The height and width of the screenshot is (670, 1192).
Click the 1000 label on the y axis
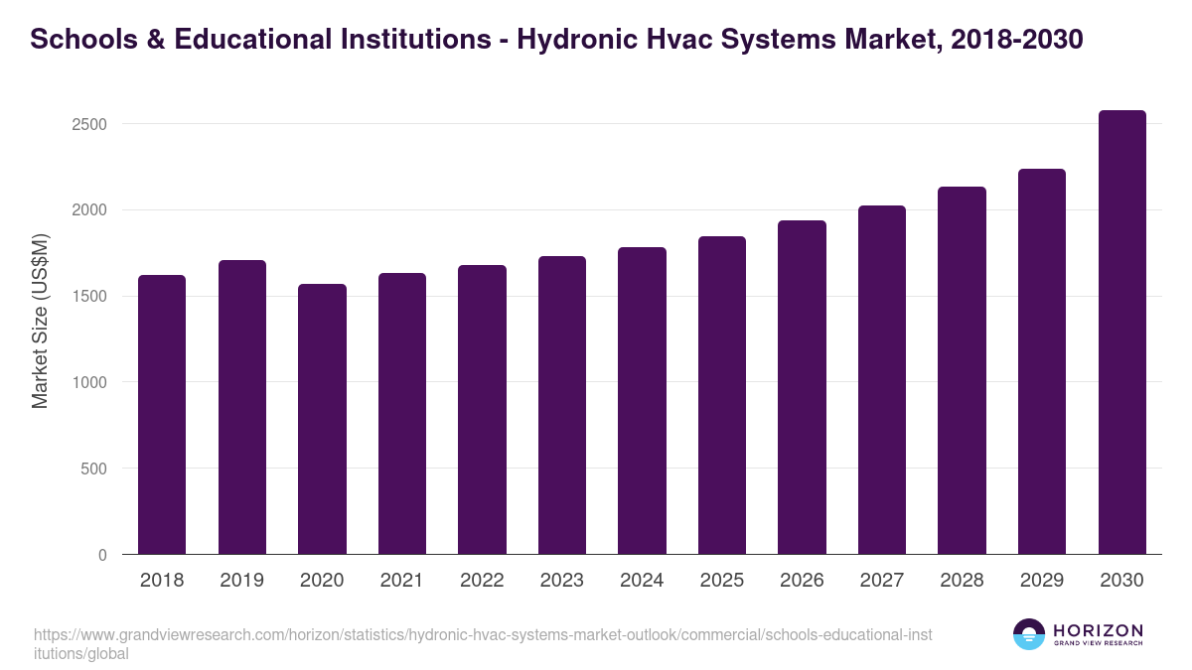[88, 382]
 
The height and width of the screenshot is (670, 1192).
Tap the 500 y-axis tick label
[93, 469]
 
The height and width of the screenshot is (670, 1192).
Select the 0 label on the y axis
[102, 555]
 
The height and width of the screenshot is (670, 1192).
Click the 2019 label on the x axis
[241, 581]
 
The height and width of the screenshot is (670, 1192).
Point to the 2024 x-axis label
[642, 581]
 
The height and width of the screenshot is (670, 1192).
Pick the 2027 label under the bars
[881, 581]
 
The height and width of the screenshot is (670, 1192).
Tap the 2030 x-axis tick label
[1121, 581]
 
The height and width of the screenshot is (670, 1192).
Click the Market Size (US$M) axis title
[40, 320]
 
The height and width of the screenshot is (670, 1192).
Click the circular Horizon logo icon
[1028, 634]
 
